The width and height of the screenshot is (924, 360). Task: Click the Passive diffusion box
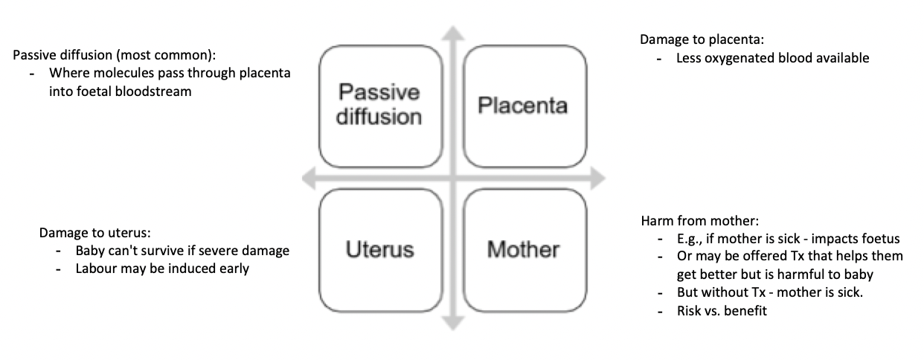tap(379, 105)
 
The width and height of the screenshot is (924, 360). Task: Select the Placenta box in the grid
tap(523, 105)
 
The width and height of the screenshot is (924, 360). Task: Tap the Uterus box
tap(379, 249)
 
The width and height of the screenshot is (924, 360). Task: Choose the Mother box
tap(523, 249)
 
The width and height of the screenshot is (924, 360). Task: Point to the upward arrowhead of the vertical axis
tap(452, 33)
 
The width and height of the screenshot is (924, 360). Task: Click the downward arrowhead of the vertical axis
tap(452, 322)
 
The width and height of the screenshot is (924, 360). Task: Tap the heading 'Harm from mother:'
tap(690, 221)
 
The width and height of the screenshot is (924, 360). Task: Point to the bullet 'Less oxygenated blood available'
tap(772, 57)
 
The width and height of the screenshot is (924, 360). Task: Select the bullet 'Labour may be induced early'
tap(162, 269)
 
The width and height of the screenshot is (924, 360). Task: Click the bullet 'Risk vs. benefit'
tap(722, 311)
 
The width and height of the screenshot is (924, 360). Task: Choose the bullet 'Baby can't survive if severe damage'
tap(182, 251)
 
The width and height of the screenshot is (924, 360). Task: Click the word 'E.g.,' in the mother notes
tap(689, 239)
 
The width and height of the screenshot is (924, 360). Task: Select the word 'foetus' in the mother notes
tap(881, 239)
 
